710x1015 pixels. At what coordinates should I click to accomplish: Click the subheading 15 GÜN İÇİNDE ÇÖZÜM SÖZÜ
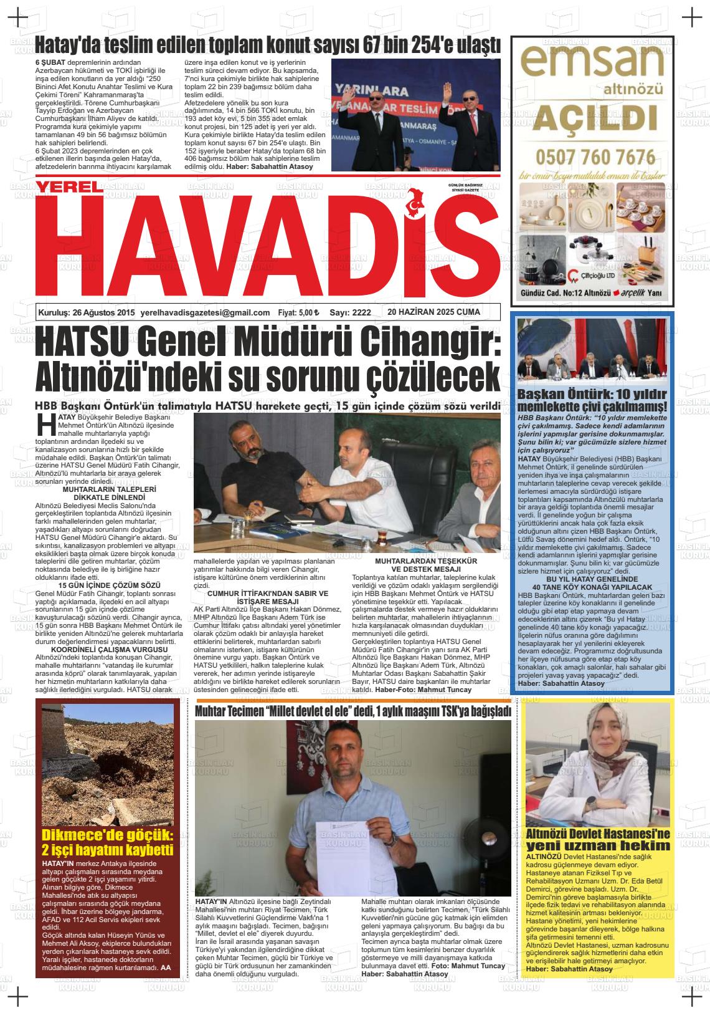point(109,585)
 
